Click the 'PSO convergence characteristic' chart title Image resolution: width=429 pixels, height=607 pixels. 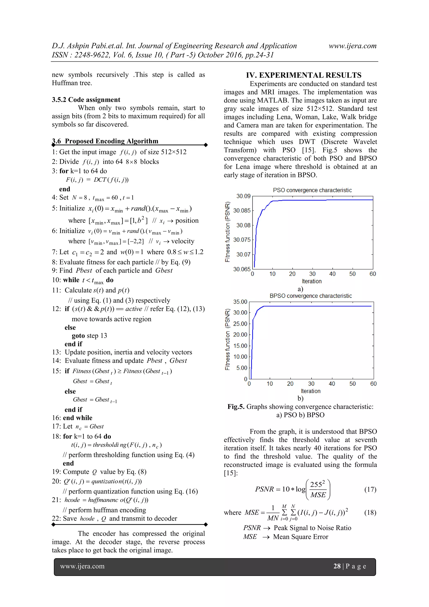pyautogui.click(x=312, y=190)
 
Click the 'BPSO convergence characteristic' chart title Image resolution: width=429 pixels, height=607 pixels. pyautogui.click(x=311, y=296)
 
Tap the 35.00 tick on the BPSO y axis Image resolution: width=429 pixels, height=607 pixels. pyautogui.click(x=240, y=302)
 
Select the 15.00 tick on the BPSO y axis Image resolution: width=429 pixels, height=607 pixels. pyautogui.click(x=240, y=346)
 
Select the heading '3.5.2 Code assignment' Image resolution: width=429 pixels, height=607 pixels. pyautogui.click(x=86, y=100)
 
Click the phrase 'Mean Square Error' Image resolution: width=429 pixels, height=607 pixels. pyautogui.click(x=301, y=537)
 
